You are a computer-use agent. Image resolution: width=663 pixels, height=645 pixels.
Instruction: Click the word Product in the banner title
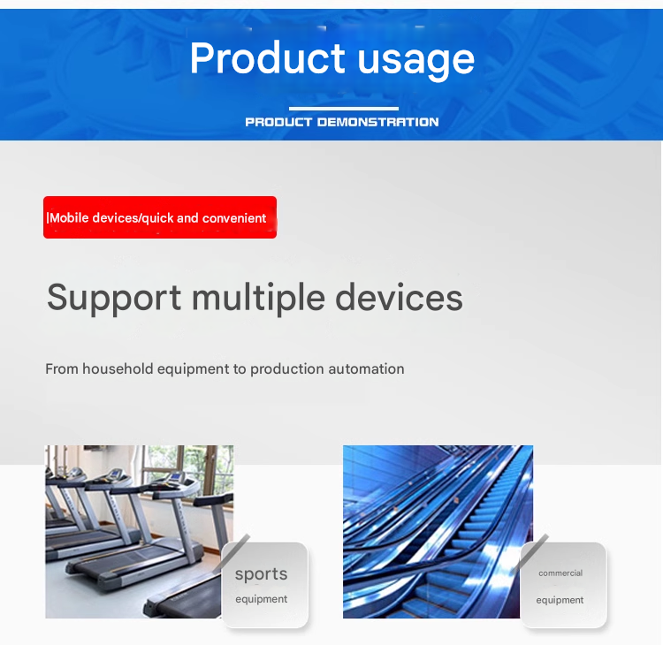(267, 58)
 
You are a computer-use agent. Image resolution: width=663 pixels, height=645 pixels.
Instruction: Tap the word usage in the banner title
(416, 62)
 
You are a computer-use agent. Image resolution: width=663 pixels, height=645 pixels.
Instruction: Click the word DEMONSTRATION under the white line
(377, 122)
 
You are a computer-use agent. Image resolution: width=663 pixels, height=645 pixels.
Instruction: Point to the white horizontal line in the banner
(344, 108)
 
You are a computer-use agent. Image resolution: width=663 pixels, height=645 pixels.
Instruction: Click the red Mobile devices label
(160, 217)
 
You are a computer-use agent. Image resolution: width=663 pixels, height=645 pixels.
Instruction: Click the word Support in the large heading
(114, 299)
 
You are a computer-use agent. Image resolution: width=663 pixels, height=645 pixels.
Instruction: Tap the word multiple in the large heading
(258, 299)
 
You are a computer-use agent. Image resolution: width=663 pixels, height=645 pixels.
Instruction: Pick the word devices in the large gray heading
(399, 297)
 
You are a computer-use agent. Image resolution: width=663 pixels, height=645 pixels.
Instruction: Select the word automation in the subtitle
(366, 369)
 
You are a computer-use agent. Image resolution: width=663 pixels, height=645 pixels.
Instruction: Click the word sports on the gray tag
(262, 575)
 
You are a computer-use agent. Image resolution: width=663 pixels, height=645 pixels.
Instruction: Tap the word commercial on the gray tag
(560, 573)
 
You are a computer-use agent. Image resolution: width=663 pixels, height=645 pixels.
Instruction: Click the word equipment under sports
(262, 599)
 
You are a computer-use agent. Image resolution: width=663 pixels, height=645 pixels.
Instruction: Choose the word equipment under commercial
(560, 600)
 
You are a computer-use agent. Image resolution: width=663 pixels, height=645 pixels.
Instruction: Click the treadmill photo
(139, 532)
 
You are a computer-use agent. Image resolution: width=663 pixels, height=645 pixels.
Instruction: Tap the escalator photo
(438, 532)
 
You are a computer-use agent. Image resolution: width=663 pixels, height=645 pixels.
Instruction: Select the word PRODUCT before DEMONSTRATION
(278, 122)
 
